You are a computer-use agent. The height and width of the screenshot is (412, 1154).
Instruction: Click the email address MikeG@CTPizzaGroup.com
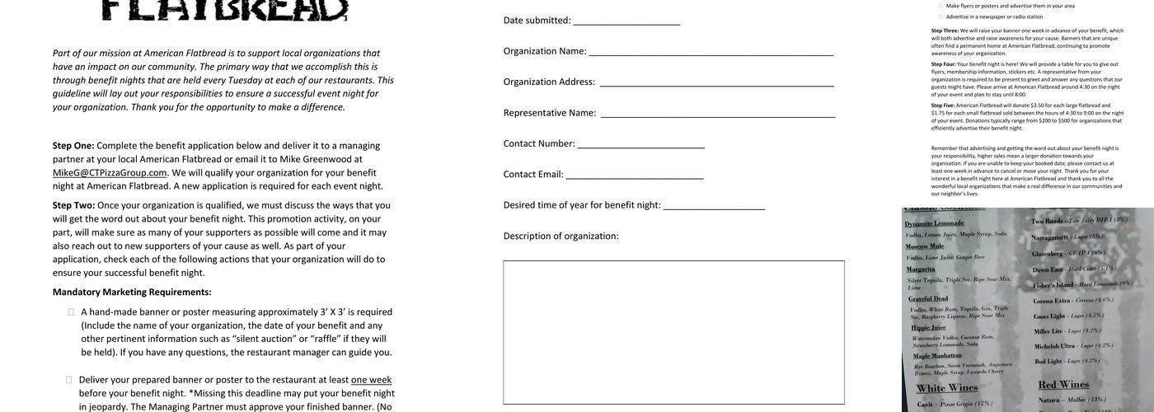tap(110, 173)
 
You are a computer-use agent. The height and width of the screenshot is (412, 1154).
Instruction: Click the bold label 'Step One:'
tap(73, 146)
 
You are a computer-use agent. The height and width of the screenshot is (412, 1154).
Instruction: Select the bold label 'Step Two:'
tap(73, 205)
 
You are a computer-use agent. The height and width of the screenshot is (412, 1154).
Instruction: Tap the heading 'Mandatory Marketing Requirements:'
tap(132, 292)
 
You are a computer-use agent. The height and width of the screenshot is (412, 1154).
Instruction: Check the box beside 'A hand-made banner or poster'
tap(71, 312)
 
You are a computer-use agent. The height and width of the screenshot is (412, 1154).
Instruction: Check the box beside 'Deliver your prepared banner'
tap(69, 380)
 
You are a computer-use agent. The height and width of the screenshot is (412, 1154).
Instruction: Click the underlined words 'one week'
tap(371, 380)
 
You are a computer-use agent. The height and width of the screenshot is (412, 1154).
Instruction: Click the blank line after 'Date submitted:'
tap(626, 21)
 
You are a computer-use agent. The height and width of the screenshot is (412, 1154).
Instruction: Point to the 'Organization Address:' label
tap(549, 82)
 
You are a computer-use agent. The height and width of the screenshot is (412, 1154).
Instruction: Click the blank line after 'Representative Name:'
tap(717, 114)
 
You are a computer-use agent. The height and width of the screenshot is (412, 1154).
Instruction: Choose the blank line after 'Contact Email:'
tap(634, 176)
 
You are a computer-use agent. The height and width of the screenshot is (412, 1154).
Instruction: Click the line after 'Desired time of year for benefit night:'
tap(714, 206)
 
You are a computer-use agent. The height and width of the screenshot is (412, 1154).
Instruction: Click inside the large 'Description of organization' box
tap(673, 332)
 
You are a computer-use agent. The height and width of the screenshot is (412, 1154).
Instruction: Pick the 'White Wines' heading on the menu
tap(947, 388)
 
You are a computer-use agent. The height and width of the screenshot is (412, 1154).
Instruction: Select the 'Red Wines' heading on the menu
tap(1063, 385)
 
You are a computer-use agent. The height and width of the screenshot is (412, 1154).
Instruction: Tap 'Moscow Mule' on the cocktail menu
tap(925, 246)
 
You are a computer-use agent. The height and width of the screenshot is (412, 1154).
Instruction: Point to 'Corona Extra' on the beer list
tap(1051, 301)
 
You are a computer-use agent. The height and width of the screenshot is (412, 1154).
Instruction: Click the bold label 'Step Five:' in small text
tap(943, 105)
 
